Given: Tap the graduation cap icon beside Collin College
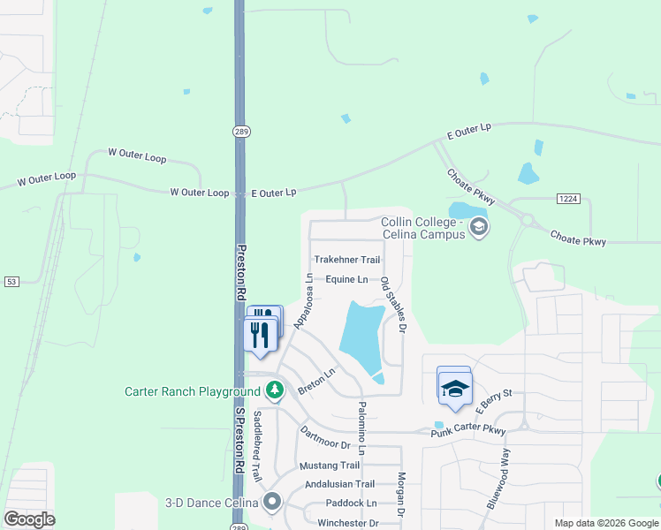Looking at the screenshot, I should pos(479,228).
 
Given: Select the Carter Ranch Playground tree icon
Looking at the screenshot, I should pos(275,390).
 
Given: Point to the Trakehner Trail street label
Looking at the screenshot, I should pos(347,260).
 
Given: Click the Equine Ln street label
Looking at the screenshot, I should pos(346,279).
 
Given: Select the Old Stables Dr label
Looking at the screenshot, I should pos(392,305).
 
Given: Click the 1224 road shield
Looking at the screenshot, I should pos(568,200).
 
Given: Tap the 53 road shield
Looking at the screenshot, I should pos(11,282).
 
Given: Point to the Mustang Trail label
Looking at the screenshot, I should pos(330,466).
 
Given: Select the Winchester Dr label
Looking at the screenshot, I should pos(348,523).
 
